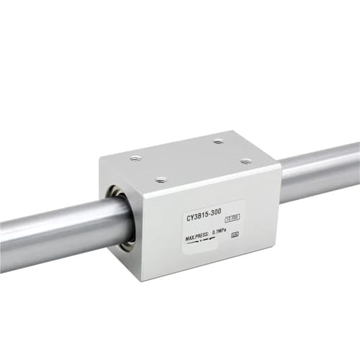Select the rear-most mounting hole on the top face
[217, 142]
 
